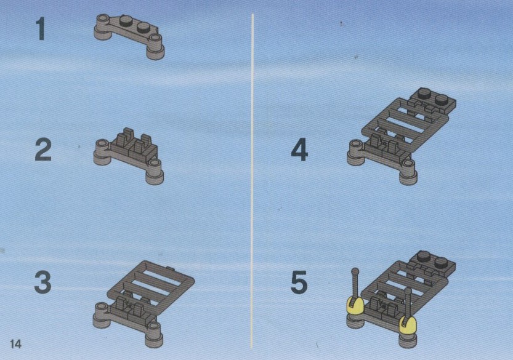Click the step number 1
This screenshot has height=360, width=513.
41,29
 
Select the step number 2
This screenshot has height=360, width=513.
43,150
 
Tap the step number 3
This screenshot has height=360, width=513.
43,282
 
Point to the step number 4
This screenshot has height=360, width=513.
299,150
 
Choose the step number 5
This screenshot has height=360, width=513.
299,282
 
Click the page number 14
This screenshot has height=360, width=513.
16,344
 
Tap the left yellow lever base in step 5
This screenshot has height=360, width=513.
355,306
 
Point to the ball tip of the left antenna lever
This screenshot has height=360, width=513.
355,271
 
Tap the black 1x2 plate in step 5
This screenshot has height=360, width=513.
431,262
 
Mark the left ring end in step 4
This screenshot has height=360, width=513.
355,145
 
